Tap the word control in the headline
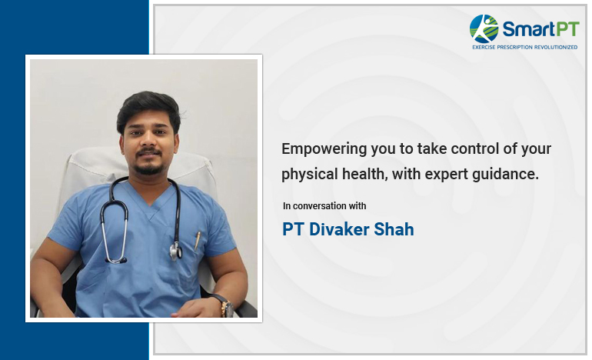(x=466, y=148)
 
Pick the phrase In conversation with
(x=324, y=206)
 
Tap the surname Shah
(x=394, y=229)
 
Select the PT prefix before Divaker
(x=293, y=229)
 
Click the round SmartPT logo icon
(x=484, y=28)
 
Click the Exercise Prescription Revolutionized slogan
(x=524, y=47)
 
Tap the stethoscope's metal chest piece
(x=176, y=250)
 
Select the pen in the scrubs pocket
(x=198, y=239)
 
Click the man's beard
(x=148, y=166)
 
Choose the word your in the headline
(x=536, y=148)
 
